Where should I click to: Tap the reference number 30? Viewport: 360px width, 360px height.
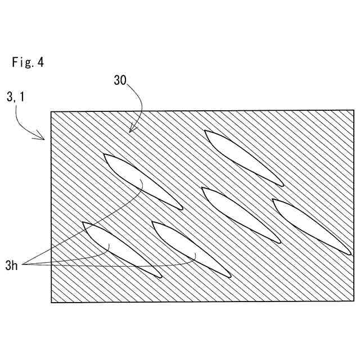120,80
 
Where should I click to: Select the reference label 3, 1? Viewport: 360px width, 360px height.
15,97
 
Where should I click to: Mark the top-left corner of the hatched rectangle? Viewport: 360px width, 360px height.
51,111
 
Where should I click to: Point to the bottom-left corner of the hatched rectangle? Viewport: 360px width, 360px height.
51,303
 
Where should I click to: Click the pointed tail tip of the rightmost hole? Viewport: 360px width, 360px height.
350,254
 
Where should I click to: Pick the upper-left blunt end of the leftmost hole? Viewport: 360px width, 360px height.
84,223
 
